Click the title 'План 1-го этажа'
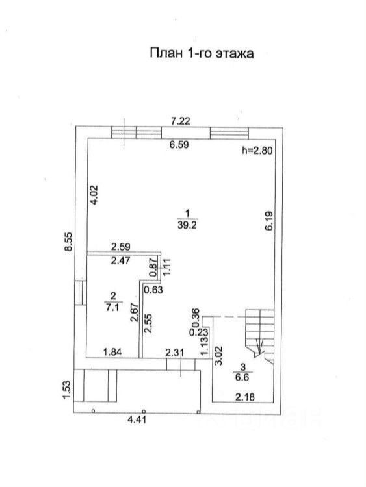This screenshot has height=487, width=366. tap(202, 53)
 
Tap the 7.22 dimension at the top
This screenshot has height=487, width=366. tap(180, 121)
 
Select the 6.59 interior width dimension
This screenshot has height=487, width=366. tap(179, 144)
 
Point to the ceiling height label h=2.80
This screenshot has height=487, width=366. tap(257, 151)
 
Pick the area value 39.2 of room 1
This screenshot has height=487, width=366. tap(187, 225)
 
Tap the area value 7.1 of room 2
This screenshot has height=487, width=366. tap(113, 308)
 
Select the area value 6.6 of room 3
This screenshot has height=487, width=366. tap(242, 378)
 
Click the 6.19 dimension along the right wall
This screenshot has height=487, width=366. tap(269, 221)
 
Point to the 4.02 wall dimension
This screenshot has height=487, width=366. tap(94, 195)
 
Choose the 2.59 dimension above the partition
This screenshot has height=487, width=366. tap(121, 247)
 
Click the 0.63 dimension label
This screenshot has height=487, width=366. tap(153, 290)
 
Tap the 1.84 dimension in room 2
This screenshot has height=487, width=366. tap(112, 352)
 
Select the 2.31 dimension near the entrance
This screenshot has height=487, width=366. tap(174, 353)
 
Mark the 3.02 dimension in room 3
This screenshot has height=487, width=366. tap(219, 356)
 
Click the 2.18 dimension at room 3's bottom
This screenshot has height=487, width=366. tap(245, 397)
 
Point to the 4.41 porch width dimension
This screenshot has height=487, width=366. tap(137, 420)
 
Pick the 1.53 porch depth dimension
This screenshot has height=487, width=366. tap(68, 390)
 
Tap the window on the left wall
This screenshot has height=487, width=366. tap(80, 293)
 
